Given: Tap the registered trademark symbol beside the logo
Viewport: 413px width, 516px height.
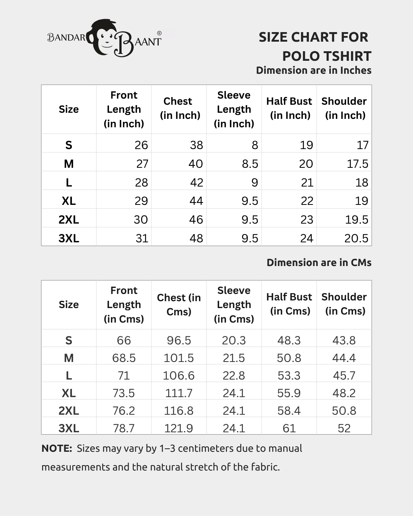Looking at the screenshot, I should [159, 34].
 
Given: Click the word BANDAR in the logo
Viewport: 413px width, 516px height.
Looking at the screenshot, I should [66, 37].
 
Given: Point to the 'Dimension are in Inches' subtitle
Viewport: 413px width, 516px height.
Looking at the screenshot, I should [314, 70].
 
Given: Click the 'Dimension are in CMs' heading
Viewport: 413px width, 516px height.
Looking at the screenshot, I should [319, 263].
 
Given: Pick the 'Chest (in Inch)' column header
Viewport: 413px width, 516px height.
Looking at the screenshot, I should [180, 109].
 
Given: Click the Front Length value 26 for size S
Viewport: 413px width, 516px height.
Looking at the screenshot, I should [141, 145].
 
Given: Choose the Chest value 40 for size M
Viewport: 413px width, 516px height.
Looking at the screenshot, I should [195, 164].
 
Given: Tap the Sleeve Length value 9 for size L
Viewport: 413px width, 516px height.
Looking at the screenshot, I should [254, 182].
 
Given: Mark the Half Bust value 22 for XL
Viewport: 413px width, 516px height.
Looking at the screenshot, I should [307, 201].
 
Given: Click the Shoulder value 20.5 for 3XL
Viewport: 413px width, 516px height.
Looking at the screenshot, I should [356, 238].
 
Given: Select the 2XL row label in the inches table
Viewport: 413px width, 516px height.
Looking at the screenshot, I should [69, 219].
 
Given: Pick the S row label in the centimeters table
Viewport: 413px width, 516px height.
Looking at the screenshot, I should [69, 340].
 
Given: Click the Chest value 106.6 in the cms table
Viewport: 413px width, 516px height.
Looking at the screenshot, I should [179, 375].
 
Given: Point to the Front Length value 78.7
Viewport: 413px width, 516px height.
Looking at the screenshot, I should [124, 428].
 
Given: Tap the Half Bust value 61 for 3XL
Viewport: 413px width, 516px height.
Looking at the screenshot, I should [289, 428].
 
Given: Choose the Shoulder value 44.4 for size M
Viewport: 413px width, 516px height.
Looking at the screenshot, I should [344, 358].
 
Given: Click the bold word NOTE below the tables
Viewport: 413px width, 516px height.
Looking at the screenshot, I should [57, 448].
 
